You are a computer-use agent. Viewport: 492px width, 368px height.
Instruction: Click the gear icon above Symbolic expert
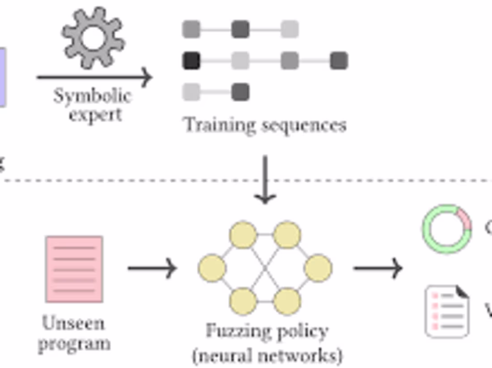[93, 38]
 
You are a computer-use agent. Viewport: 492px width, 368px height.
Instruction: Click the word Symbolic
[93, 96]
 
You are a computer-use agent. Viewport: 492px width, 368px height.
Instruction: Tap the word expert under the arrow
[95, 115]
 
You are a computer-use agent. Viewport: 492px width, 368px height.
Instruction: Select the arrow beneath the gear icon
[94, 77]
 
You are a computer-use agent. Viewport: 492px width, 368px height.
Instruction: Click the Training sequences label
[265, 125]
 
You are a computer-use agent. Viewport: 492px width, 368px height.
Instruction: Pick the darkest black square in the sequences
[191, 61]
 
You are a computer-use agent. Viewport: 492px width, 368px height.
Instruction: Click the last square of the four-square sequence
[339, 61]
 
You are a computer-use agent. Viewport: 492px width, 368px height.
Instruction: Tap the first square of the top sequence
[191, 29]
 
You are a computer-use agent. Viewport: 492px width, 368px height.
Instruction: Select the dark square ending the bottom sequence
[240, 92]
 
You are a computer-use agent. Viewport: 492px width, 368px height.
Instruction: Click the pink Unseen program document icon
[74, 269]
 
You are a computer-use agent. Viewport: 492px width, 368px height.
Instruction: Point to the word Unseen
[73, 323]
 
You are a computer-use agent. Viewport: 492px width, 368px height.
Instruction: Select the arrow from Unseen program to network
[152, 268]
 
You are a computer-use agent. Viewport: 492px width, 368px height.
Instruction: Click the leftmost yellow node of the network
[212, 268]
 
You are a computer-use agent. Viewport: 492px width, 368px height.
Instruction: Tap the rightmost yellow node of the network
[318, 268]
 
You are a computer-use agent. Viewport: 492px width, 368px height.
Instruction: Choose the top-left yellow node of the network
[243, 235]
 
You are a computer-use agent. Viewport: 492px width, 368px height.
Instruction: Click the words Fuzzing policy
[267, 331]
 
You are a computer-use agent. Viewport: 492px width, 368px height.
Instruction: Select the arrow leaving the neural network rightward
[378, 268]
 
